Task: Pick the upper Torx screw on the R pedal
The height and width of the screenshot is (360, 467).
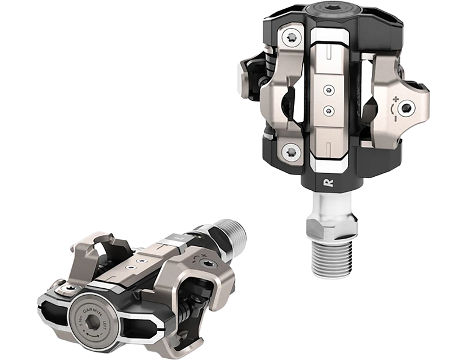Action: click(291, 38)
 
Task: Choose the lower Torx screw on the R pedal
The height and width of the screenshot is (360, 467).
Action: click(291, 153)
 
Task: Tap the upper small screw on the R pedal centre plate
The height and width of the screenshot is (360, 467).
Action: click(329, 90)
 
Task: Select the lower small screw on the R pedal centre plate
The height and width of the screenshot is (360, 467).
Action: click(329, 110)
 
